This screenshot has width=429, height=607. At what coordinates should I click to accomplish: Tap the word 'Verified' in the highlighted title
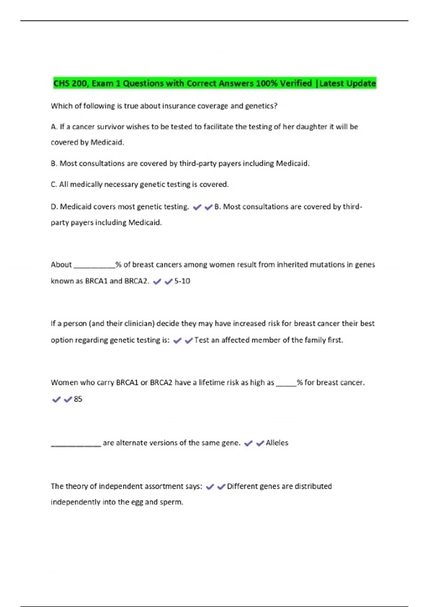tap(296, 84)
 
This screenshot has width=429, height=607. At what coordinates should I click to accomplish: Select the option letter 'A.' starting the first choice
tap(54, 127)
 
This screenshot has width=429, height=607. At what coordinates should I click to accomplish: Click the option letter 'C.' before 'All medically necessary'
tap(54, 185)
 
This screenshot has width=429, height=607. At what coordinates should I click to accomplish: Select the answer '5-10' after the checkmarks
tap(182, 281)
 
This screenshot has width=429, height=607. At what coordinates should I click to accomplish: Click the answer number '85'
tap(78, 399)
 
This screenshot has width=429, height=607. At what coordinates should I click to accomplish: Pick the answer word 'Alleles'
tap(277, 443)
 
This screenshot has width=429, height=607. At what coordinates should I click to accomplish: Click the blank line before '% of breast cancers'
tap(94, 266)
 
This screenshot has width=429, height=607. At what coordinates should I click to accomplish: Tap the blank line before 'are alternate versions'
tap(76, 445)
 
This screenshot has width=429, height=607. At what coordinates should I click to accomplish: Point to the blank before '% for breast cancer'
tap(286, 385)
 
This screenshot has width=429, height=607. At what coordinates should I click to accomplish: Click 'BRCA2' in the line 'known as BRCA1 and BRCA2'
tap(136, 281)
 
